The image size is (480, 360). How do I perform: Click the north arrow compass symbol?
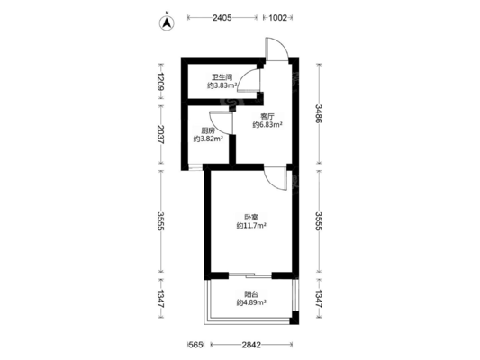167,22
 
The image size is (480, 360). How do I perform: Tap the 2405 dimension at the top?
222,18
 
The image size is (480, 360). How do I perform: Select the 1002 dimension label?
277,18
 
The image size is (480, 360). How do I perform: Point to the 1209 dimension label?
160,82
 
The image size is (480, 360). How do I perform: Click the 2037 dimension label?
160,135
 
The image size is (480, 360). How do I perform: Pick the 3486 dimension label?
320,113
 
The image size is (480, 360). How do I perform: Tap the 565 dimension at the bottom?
195,345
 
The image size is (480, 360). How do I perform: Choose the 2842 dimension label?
251,345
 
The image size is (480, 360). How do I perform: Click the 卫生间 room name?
222,77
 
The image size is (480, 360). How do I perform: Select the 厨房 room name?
207,130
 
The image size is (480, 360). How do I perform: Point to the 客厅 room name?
267,116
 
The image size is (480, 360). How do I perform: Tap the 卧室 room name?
251,218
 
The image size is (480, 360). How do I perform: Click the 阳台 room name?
251,294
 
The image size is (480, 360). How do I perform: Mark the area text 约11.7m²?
251,226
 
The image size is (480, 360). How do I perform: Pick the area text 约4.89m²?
251,302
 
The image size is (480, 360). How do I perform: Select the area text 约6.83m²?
267,125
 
